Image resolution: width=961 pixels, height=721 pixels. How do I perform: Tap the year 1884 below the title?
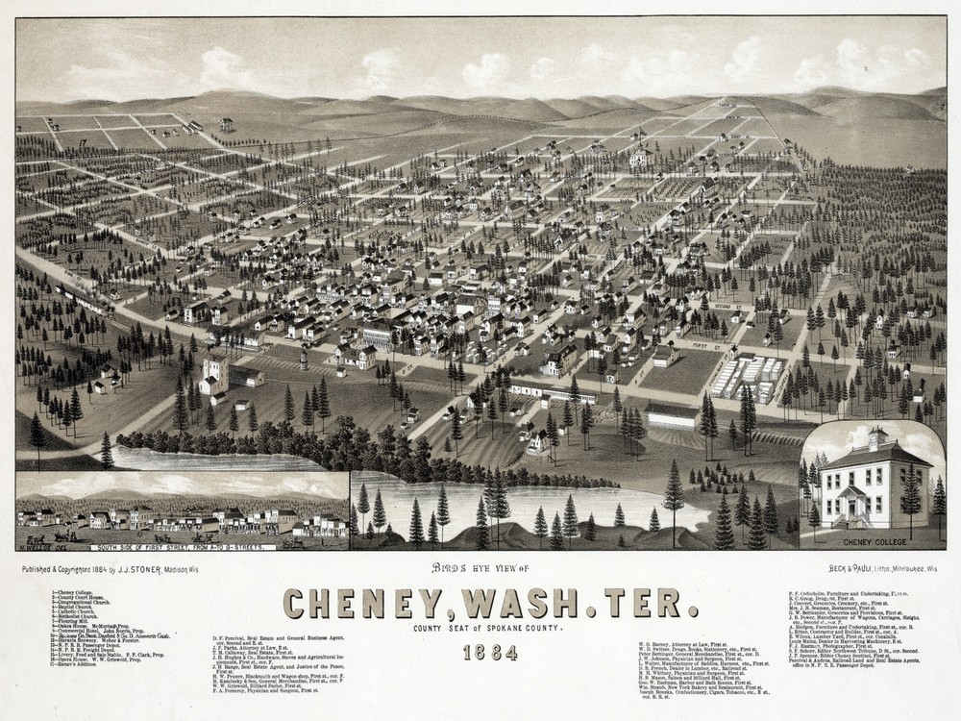[x=489, y=653]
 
